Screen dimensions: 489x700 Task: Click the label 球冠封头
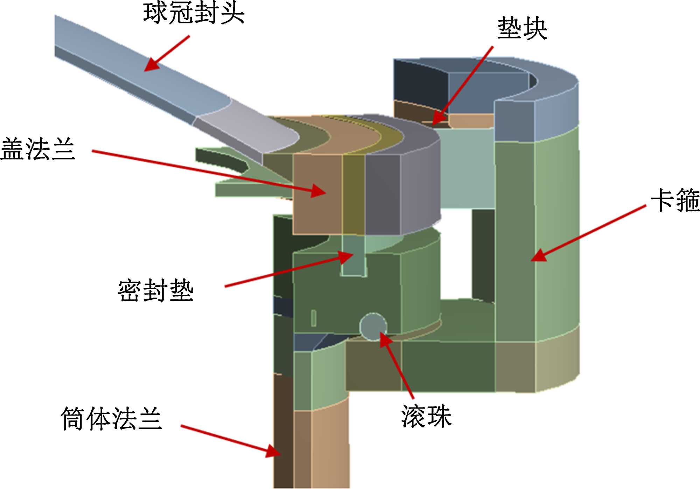194,13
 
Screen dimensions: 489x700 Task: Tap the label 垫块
522,28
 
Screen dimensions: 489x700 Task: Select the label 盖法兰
38,149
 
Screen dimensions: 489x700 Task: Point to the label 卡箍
675,200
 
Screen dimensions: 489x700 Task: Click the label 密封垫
155,290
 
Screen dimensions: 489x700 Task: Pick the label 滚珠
426,416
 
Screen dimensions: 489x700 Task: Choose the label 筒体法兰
111,418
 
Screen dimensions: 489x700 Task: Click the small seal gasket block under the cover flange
353,255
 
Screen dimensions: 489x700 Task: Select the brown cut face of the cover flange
317,194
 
